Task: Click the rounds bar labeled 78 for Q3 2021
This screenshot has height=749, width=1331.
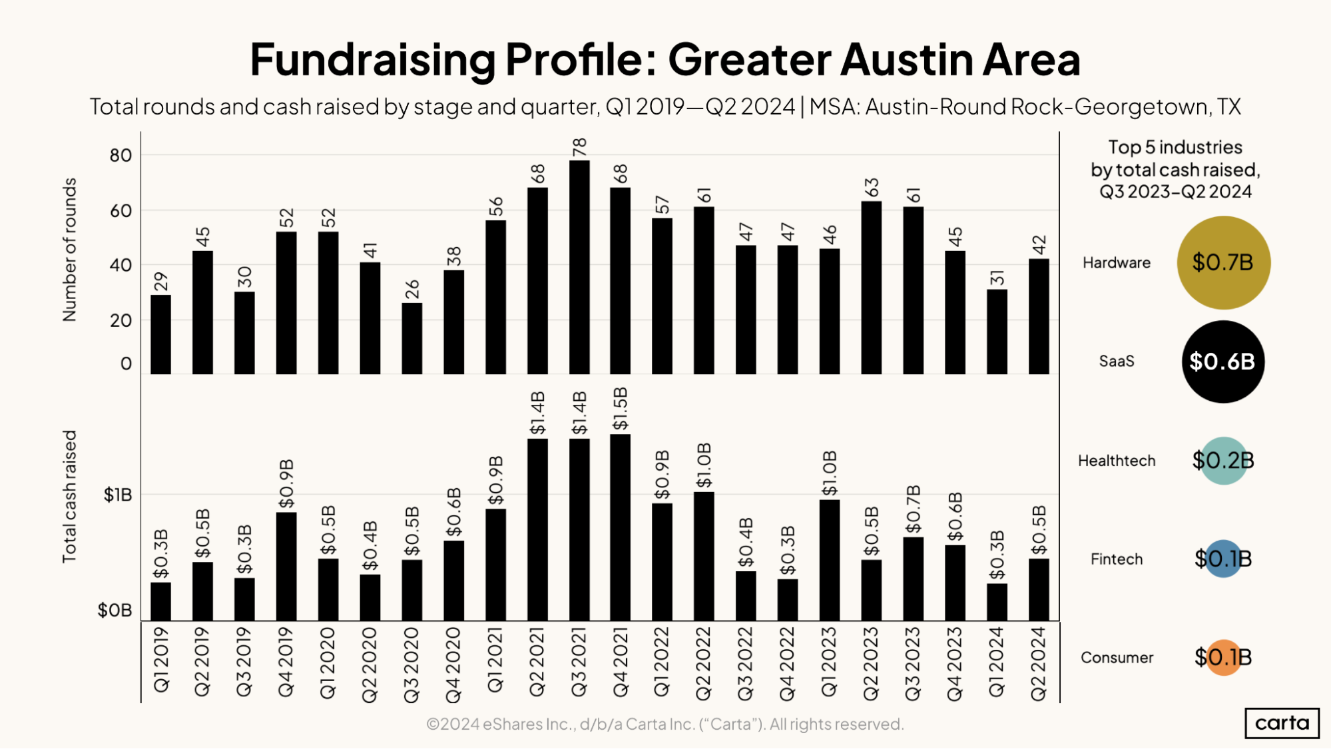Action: coord(579,266)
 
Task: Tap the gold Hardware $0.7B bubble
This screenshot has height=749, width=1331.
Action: coord(1223,262)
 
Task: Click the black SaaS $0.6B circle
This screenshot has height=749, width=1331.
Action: coord(1222,362)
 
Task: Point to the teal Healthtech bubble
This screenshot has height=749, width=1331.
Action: coord(1223,460)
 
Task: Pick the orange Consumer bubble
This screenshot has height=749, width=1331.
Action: coord(1223,657)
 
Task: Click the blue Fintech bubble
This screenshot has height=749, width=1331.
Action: coord(1223,559)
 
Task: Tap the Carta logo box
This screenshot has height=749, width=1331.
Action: coord(1282,723)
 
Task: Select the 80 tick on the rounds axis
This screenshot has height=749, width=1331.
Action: coord(121,155)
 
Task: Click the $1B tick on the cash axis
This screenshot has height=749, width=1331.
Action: coord(118,495)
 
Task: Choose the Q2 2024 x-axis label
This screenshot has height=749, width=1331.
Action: coord(1039,663)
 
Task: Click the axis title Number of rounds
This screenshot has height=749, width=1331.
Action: coord(70,250)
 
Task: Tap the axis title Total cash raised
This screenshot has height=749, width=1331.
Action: coord(70,496)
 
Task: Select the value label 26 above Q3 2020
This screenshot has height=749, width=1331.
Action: coord(412,289)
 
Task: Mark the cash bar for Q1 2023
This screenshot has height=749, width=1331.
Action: coord(829,560)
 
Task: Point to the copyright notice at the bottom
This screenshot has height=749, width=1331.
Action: coord(665,724)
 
